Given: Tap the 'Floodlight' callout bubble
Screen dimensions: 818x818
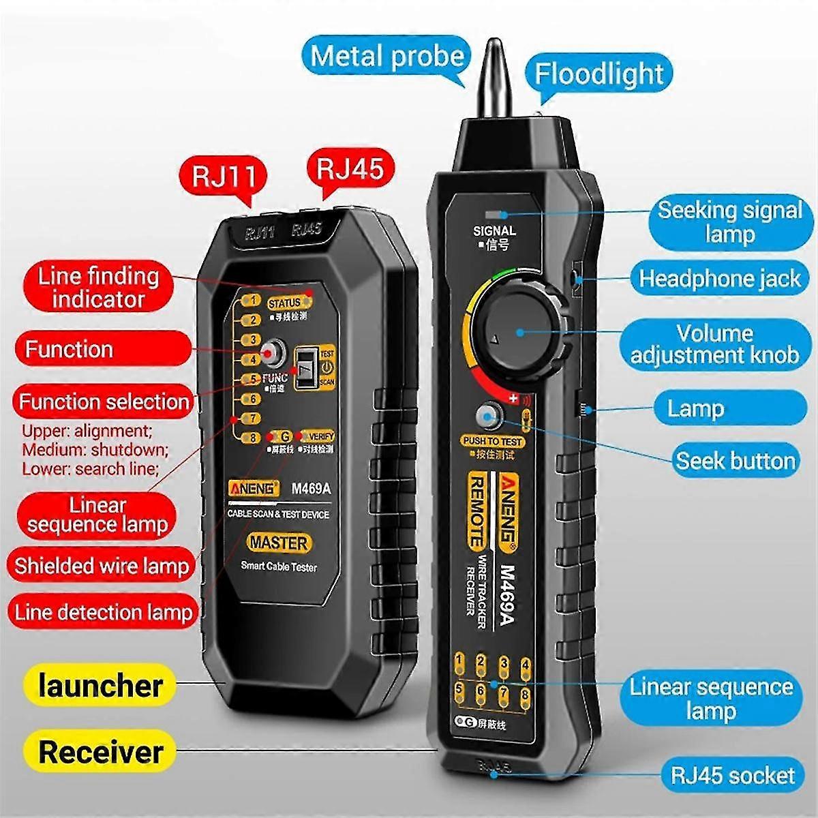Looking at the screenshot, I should [599, 74].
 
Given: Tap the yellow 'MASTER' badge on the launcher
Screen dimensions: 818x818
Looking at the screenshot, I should [279, 543].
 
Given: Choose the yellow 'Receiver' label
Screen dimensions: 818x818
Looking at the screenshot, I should [100, 752].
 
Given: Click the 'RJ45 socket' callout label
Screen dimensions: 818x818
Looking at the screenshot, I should [732, 775].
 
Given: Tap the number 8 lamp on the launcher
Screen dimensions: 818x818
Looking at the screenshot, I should [253, 438].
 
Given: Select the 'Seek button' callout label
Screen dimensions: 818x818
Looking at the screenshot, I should [735, 461].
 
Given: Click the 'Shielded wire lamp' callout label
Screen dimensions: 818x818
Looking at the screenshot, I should [101, 566].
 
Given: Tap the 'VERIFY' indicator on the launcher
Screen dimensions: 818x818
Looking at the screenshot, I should [316, 436].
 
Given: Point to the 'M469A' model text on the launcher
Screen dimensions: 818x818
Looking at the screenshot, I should [311, 488].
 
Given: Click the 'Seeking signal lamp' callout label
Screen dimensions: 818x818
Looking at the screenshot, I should [729, 222].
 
